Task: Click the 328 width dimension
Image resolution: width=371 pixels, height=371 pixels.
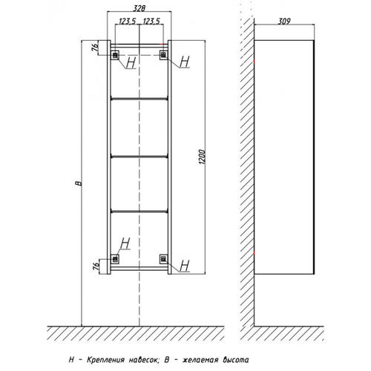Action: point(139,8)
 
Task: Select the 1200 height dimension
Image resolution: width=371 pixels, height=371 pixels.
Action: point(203,157)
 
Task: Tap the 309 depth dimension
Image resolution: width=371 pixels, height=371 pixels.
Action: point(284,22)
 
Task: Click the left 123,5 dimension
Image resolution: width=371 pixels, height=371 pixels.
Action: point(128,22)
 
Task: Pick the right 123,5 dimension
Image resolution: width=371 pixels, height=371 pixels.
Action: point(151,22)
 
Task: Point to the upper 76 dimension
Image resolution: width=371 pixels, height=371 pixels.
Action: point(95,47)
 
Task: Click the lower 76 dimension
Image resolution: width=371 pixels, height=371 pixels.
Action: point(96,266)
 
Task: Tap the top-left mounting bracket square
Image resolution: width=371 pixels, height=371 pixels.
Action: point(115,55)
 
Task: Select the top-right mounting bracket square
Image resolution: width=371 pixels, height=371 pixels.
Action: point(163,55)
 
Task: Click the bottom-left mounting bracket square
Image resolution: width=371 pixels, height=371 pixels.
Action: point(115,259)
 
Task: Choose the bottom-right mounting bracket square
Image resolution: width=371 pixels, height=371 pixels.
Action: point(163,259)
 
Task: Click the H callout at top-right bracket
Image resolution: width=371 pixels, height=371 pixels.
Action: point(185,62)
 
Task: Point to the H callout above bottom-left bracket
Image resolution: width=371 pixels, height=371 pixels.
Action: point(125,243)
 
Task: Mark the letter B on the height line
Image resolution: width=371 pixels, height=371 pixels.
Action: point(79,183)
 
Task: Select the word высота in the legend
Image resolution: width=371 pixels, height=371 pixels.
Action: point(236,360)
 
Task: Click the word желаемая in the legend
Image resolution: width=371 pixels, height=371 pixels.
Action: point(200,360)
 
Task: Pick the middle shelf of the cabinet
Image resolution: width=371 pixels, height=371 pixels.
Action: point(139,156)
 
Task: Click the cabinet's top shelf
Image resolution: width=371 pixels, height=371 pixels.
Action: point(139,99)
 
